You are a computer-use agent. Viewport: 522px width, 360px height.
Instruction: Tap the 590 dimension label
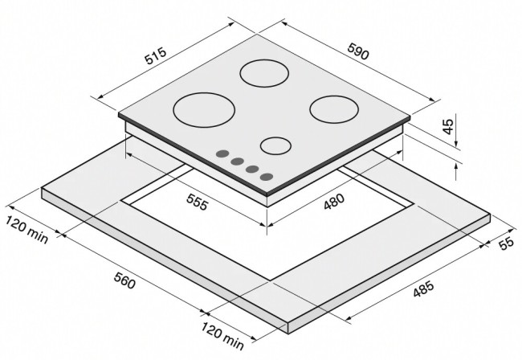tap(358, 51)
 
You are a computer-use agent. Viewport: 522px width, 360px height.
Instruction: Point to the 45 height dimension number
tap(448, 126)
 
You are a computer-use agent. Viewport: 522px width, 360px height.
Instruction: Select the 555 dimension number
tap(197, 202)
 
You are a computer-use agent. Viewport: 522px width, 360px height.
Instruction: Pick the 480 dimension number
tap(334, 202)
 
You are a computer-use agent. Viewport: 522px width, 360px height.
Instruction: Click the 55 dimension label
tap(507, 243)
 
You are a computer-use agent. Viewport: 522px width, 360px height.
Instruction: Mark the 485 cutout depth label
tap(423, 288)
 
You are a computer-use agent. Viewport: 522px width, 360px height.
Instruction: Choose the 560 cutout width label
tap(124, 280)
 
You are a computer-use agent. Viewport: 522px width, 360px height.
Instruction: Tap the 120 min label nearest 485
tap(222, 335)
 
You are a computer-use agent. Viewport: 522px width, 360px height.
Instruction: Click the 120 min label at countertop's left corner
tap(27, 230)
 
